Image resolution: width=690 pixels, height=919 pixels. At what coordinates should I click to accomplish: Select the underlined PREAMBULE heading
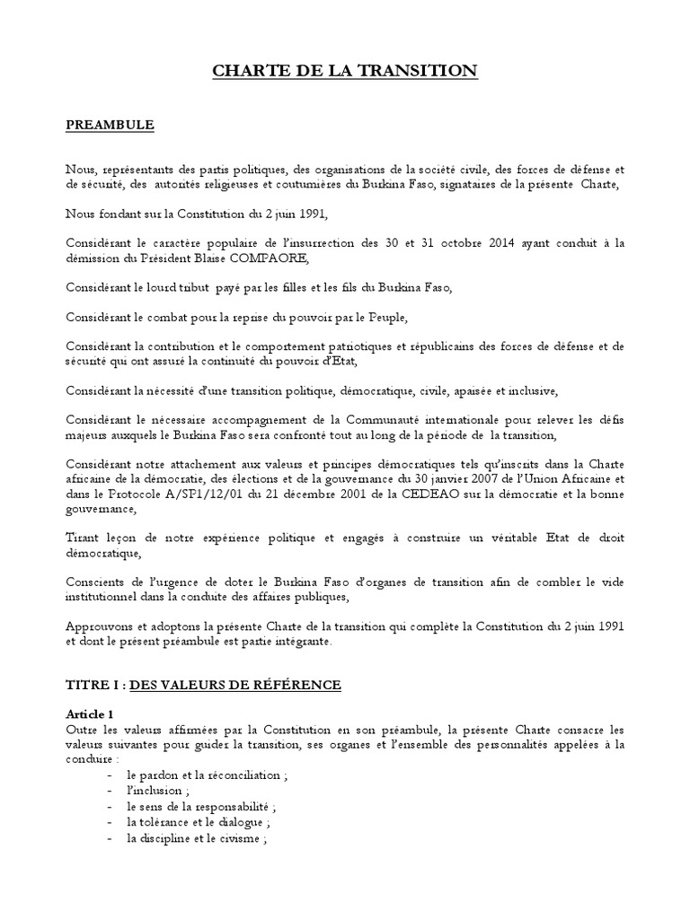coord(110,125)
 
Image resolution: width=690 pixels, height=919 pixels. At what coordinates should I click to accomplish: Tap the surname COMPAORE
coord(270,259)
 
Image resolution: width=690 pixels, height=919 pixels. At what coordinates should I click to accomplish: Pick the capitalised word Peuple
coord(400,317)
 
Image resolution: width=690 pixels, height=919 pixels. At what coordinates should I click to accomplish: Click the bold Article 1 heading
coord(90,714)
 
